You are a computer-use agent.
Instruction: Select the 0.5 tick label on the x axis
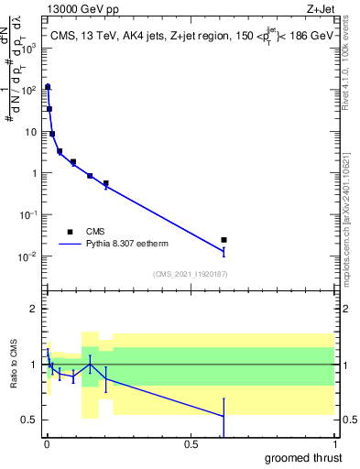coord(191,443)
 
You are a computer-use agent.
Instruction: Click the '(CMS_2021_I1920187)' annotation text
coord(190,274)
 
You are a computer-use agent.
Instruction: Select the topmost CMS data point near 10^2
coord(48,87)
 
